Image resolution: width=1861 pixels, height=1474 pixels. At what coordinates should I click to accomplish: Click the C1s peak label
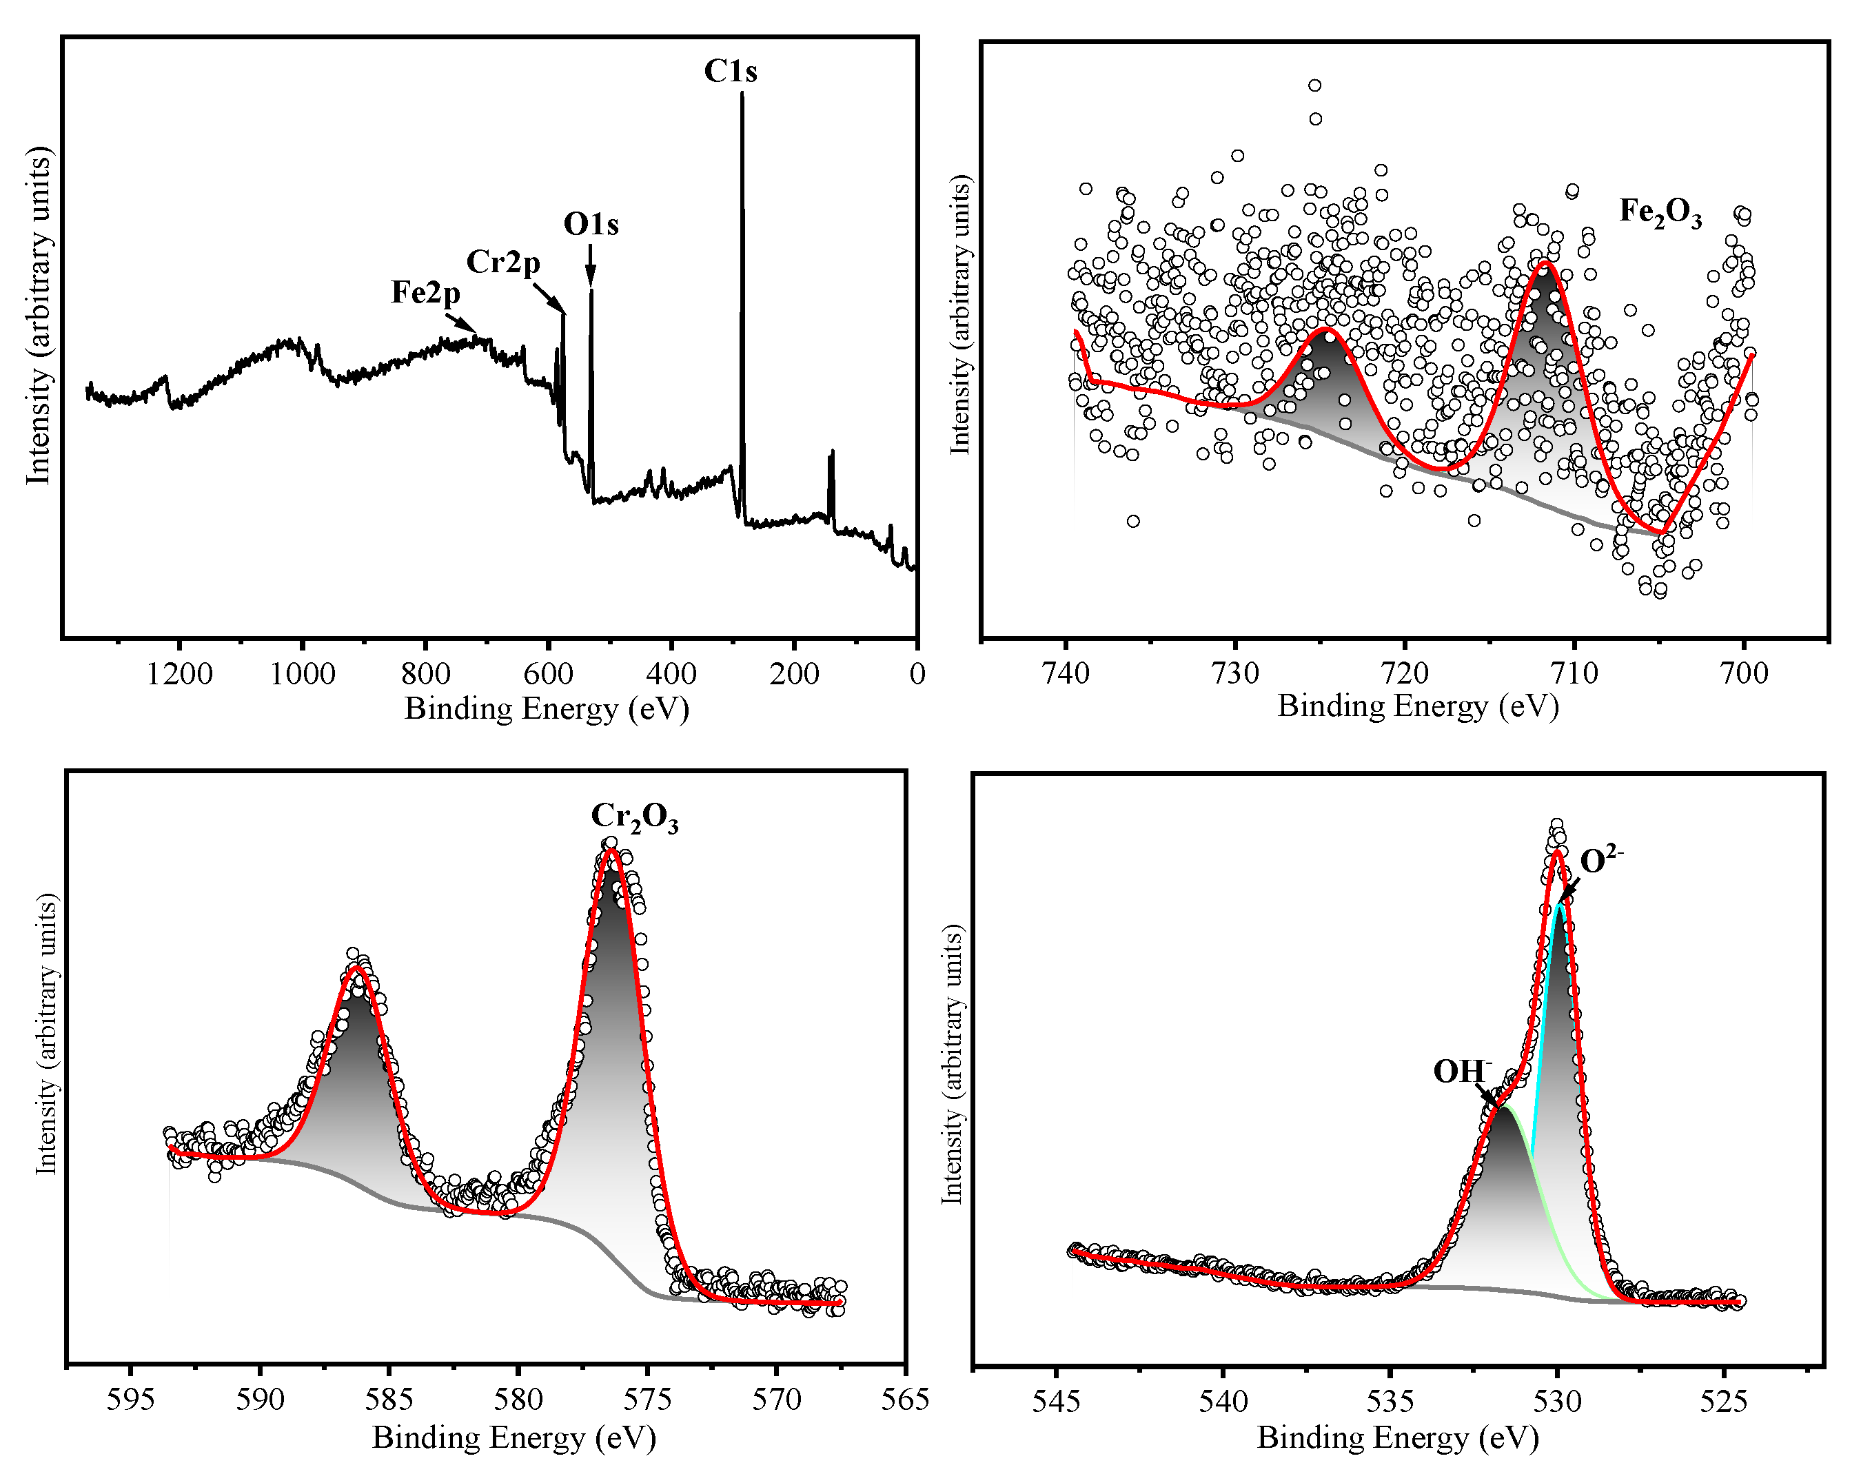(x=730, y=72)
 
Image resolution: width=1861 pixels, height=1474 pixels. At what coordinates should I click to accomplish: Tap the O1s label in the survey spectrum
(x=591, y=225)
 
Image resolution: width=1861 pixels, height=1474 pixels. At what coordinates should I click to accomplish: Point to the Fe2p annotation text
(x=425, y=293)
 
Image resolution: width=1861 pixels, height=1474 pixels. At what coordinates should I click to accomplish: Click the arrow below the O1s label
(x=591, y=264)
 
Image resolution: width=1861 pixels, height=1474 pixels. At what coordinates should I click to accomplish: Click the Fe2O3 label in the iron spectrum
(x=1660, y=212)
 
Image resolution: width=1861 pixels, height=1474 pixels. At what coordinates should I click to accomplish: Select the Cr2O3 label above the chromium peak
(x=634, y=817)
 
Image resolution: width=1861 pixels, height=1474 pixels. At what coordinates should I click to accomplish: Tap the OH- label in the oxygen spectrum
(x=1462, y=1071)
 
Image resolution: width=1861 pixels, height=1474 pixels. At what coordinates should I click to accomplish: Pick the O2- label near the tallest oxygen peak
(x=1601, y=861)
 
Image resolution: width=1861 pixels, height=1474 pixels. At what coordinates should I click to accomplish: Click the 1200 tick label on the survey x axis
(x=179, y=674)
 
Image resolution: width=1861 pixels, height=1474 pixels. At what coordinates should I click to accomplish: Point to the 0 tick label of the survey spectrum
(x=917, y=674)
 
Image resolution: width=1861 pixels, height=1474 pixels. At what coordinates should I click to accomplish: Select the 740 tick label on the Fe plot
(x=1066, y=673)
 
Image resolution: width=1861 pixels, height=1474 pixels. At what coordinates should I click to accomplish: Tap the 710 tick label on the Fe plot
(x=1574, y=673)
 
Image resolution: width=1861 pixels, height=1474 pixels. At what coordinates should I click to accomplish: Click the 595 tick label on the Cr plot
(x=130, y=1400)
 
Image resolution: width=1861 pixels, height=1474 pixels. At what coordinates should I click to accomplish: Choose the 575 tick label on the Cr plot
(x=647, y=1400)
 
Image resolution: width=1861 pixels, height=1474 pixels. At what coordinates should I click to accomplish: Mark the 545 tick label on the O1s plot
(x=1056, y=1402)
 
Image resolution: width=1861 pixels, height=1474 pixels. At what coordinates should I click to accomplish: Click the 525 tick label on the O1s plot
(x=1723, y=1402)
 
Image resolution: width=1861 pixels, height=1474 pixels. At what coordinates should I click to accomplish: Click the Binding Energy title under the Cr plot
(x=513, y=1437)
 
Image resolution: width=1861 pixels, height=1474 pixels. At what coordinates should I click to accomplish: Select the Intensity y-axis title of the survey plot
(x=39, y=315)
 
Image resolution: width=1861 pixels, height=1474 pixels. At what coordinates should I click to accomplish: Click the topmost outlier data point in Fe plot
(x=1314, y=85)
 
